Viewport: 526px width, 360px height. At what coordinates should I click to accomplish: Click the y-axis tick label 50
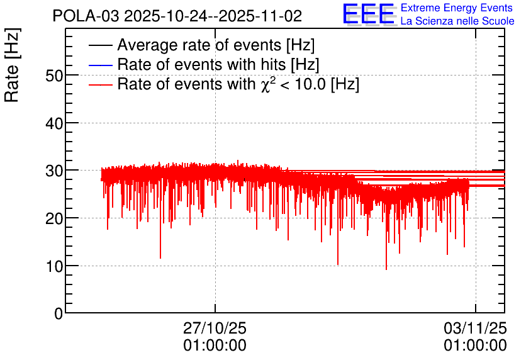pos(54,76)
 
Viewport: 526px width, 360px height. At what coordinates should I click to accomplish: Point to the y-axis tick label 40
pos(54,124)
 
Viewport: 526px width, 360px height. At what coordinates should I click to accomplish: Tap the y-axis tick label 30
pos(54,171)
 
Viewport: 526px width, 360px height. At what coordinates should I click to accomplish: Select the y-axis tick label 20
pos(54,219)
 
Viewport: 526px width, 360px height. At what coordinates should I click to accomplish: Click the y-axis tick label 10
pos(54,267)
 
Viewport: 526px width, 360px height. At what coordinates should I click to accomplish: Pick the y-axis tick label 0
pos(59,314)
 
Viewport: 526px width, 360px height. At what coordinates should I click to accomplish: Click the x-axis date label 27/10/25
pos(215,328)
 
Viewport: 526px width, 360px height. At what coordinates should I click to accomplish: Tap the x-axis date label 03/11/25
pos(475,328)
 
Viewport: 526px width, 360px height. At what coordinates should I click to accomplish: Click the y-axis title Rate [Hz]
pos(12,65)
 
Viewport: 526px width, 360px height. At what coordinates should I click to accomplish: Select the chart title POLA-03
pos(86,16)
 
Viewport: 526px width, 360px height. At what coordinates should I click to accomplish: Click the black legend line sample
pos(100,45)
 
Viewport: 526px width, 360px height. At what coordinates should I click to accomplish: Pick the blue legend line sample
pos(100,65)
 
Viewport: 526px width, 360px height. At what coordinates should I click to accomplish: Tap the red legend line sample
pos(100,85)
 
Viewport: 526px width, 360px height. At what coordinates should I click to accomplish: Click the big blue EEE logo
pos(369,14)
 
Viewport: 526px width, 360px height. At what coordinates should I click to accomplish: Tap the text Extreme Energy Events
pos(457,8)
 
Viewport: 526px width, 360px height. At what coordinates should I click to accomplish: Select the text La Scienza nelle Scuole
pos(457,21)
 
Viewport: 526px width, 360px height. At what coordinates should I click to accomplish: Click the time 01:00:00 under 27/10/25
pos(215,346)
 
